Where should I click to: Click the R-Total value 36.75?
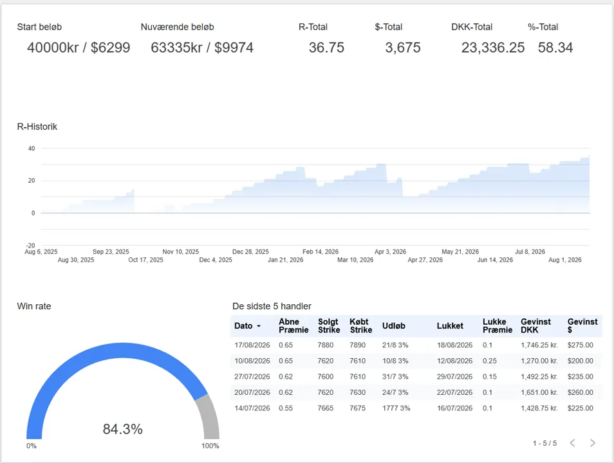click(x=326, y=48)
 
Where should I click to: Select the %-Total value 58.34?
click(x=555, y=48)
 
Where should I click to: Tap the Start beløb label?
click(x=39, y=27)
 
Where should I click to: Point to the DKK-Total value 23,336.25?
click(x=492, y=48)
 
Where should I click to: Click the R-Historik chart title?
click(x=37, y=127)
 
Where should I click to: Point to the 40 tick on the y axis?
click(x=32, y=149)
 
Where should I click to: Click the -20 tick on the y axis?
click(x=30, y=246)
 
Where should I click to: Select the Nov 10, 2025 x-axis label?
click(x=180, y=251)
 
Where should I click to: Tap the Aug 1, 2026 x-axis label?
click(x=564, y=260)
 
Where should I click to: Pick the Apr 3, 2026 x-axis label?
click(x=391, y=251)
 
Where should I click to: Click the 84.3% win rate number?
click(x=122, y=430)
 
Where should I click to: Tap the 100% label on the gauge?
click(x=210, y=446)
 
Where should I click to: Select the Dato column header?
click(x=243, y=326)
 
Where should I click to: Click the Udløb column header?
click(x=393, y=326)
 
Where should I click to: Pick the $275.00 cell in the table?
click(x=581, y=345)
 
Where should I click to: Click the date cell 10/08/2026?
click(x=252, y=361)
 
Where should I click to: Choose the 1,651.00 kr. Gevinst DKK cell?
click(x=539, y=392)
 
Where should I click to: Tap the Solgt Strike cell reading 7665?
click(x=326, y=408)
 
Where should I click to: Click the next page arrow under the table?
click(x=593, y=443)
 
